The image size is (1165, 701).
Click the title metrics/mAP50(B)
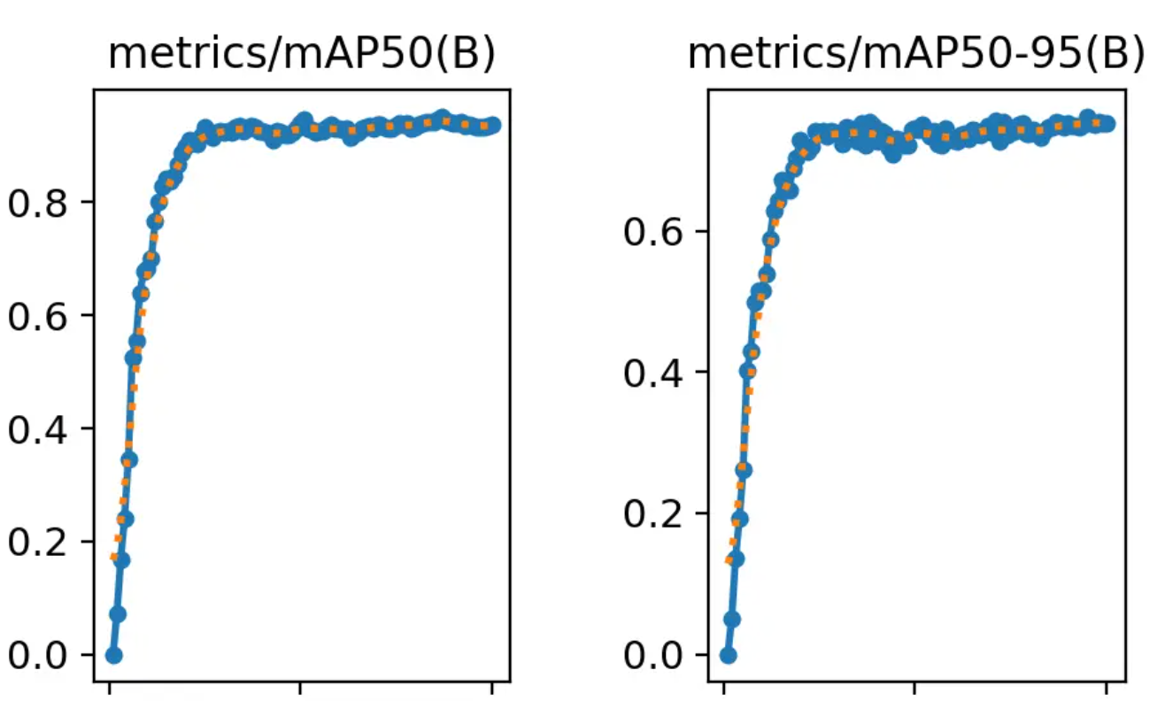click(x=301, y=54)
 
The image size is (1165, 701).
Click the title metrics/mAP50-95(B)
click(x=915, y=54)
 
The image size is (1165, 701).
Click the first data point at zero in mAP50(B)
click(x=113, y=655)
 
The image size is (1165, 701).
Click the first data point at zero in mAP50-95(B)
click(x=728, y=655)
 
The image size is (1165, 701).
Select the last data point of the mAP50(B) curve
click(x=492, y=126)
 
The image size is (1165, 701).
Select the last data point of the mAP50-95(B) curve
click(x=1107, y=124)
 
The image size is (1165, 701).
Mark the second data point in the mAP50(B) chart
click(x=118, y=613)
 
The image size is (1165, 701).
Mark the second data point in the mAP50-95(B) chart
click(x=732, y=619)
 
